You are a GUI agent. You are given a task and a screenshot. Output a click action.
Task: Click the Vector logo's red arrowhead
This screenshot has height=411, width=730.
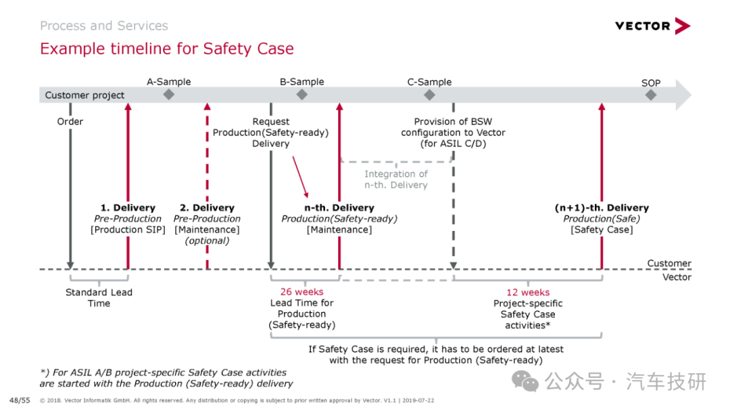tap(682, 26)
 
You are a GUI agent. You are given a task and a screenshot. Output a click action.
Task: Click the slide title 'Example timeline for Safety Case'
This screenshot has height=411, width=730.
tap(167, 49)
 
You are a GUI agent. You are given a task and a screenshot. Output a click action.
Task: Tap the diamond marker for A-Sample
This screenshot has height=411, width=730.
tap(168, 95)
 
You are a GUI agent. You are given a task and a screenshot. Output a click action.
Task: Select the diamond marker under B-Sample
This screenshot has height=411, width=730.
tap(301, 95)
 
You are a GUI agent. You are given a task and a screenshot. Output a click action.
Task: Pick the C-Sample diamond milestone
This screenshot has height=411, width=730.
tap(429, 95)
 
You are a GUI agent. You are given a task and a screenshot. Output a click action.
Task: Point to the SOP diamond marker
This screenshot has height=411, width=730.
tap(651, 95)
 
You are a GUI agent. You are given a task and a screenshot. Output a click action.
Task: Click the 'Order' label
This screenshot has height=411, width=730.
tap(70, 121)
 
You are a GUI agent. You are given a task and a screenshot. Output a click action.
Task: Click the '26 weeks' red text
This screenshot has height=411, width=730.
tap(301, 292)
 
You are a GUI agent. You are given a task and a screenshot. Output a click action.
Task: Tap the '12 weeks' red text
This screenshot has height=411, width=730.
tap(528, 292)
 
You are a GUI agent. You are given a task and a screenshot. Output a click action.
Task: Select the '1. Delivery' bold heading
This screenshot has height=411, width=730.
tap(128, 208)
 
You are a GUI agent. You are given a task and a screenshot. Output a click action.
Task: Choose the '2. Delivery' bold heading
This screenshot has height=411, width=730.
tap(208, 208)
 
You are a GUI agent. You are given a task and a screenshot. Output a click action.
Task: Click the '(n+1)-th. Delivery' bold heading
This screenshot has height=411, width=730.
tap(602, 208)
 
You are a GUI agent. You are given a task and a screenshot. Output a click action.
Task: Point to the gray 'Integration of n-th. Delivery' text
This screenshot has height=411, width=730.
tap(395, 179)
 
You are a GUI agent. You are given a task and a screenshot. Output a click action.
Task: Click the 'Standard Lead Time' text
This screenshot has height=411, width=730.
tap(99, 298)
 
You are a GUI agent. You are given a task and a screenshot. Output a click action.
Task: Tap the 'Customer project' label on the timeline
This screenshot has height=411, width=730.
tap(84, 95)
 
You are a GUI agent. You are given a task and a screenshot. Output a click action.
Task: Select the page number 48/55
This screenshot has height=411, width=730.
tap(20, 400)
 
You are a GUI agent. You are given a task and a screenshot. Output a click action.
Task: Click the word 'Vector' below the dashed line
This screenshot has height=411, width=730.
tap(677, 277)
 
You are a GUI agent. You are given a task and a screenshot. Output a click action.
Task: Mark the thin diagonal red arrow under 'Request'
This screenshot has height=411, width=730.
tap(300, 177)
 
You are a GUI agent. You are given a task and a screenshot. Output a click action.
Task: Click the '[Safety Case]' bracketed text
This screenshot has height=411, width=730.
tap(602, 230)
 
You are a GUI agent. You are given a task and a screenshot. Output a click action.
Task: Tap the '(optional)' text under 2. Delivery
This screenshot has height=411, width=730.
tap(208, 241)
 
